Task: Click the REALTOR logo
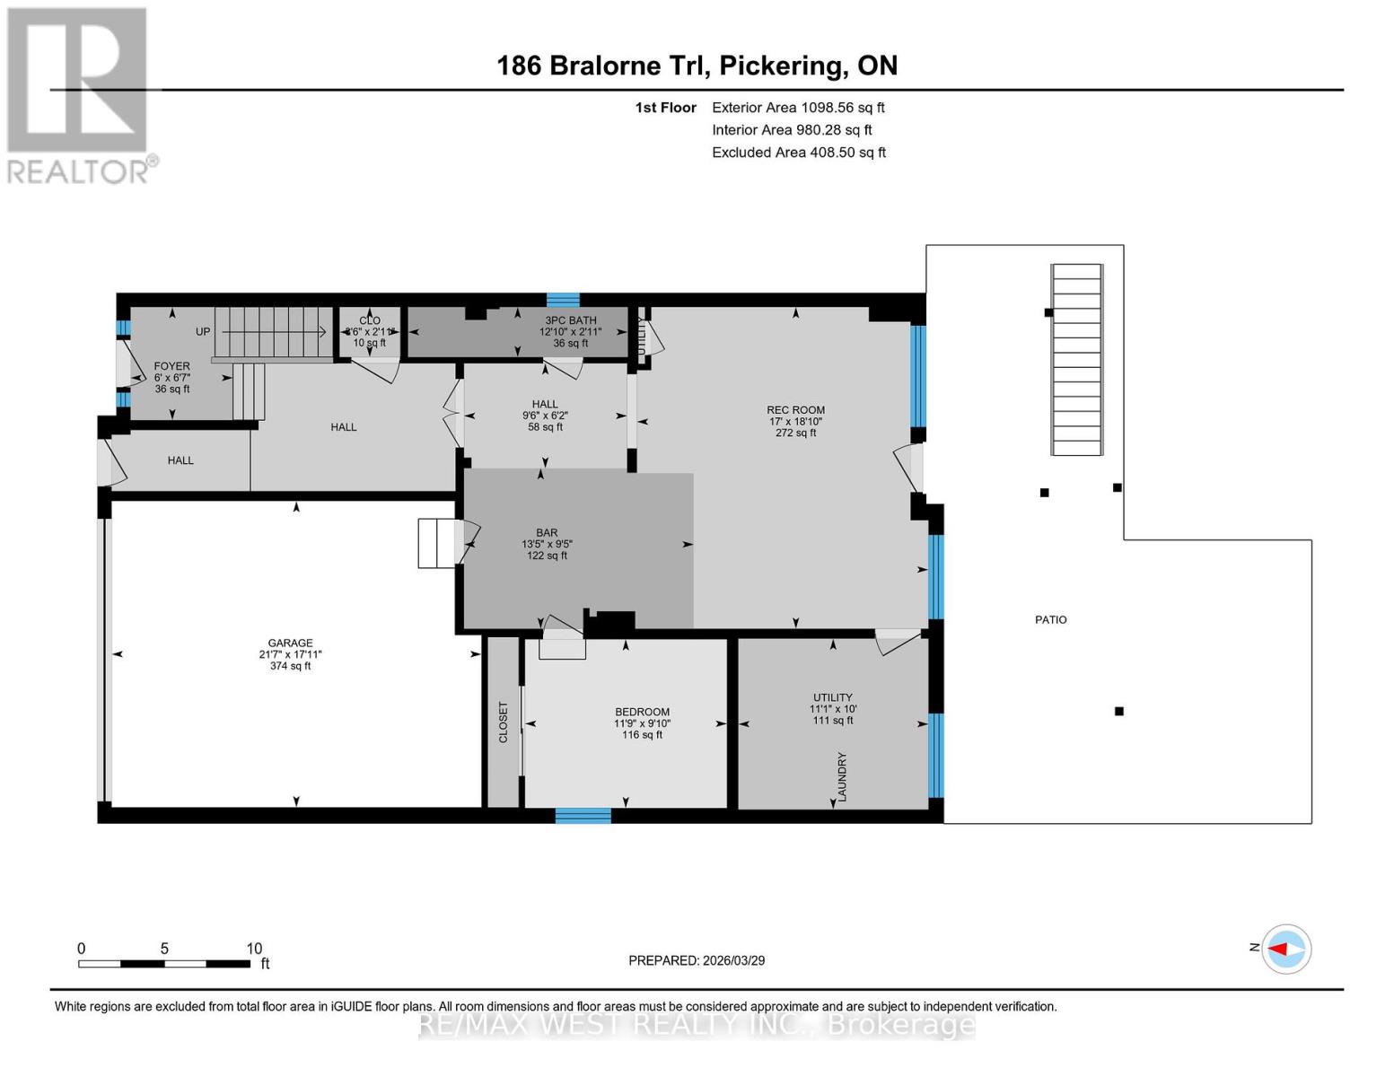79,94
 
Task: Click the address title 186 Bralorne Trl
697,66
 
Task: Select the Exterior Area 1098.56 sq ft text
798,108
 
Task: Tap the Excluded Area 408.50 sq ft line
798,153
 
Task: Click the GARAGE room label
290,644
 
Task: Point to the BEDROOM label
642,713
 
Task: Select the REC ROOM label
795,410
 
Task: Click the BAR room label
547,533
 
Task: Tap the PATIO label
1050,620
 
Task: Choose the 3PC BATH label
570,320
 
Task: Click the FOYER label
171,366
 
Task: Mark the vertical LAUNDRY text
842,776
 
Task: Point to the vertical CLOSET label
503,722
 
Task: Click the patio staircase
1076,359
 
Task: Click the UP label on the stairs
203,332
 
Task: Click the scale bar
164,964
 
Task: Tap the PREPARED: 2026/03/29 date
697,960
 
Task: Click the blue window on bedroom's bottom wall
583,816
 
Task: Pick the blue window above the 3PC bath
563,300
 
